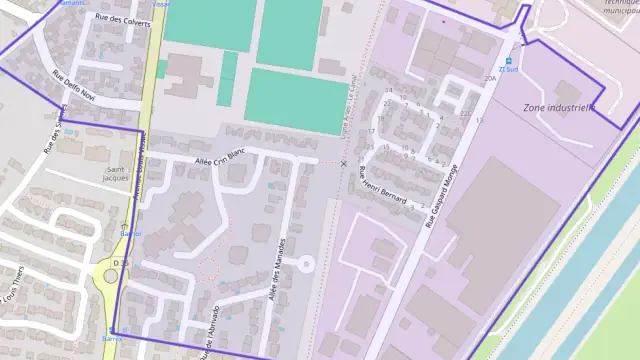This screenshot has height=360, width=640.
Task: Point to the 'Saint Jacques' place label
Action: click(x=117, y=175)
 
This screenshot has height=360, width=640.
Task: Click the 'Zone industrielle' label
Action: click(x=559, y=107)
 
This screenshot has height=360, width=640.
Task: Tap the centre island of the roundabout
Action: click(x=110, y=274)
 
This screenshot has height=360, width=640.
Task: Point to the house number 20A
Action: click(x=490, y=78)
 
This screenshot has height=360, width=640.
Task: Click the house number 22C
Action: click(x=465, y=114)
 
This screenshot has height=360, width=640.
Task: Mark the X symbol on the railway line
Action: click(x=344, y=163)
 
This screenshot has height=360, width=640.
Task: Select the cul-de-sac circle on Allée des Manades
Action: click(x=306, y=264)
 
